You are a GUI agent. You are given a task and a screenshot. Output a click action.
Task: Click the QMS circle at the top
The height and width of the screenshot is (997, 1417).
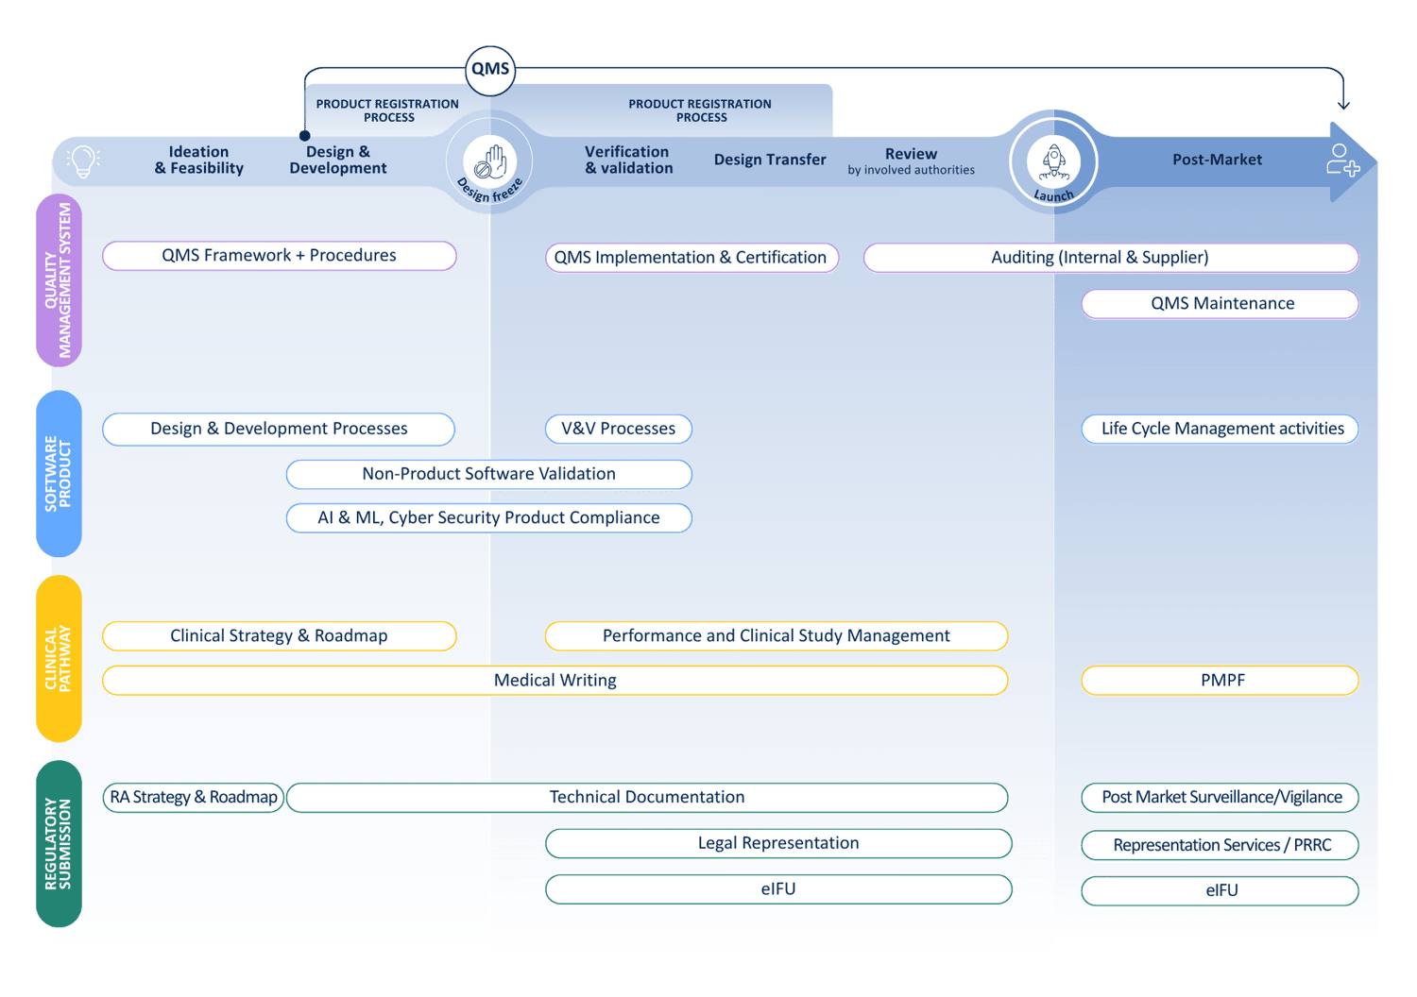[x=490, y=70]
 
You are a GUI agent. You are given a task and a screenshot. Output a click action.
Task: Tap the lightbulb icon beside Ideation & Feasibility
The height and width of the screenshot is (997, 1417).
[x=83, y=161]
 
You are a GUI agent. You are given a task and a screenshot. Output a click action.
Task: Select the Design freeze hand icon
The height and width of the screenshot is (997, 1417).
[x=489, y=161]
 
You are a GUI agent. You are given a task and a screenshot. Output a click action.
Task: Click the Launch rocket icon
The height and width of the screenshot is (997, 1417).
[x=1053, y=161]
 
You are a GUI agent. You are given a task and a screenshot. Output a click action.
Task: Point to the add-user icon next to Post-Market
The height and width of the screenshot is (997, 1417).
[x=1341, y=161]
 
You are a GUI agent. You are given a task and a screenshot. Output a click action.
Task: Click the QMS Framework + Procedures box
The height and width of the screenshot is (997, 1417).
[x=279, y=256]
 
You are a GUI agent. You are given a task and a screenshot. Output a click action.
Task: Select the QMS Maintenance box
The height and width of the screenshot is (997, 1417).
[x=1221, y=304]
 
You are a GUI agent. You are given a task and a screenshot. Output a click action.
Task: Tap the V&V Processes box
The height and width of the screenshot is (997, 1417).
[x=618, y=429]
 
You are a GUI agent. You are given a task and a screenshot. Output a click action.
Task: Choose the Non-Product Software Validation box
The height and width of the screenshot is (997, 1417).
[x=488, y=474]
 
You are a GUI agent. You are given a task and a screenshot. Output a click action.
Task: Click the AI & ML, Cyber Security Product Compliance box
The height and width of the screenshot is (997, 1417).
[x=488, y=518]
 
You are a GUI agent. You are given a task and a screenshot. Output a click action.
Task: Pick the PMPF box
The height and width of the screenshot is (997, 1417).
[x=1221, y=681]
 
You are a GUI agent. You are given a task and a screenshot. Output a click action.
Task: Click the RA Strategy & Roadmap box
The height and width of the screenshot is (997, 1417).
[x=193, y=798]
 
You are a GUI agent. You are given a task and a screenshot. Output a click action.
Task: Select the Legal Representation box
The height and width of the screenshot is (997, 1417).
[x=778, y=843]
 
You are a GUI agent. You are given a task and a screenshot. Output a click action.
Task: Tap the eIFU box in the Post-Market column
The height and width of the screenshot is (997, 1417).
[x=1221, y=890]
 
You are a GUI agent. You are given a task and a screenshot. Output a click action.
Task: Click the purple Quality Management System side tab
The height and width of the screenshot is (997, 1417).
[x=59, y=280]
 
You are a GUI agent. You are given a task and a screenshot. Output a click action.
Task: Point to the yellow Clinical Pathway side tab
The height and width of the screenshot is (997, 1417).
[x=59, y=659]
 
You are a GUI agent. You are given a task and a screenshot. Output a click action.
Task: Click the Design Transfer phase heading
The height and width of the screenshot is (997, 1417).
[x=770, y=161]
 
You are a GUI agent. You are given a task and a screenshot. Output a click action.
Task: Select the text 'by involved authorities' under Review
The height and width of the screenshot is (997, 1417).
[x=911, y=171]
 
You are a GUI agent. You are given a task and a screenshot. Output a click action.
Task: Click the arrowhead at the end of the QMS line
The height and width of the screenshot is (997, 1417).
[x=1343, y=104]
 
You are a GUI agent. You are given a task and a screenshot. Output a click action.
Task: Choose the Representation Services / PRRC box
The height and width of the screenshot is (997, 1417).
[x=1221, y=845]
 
